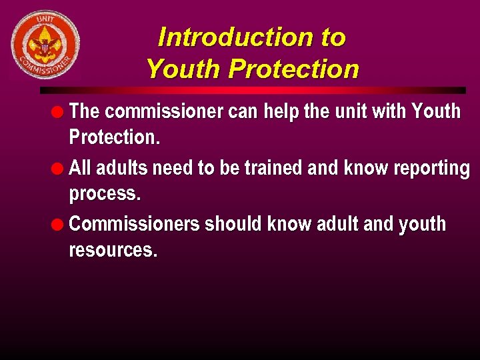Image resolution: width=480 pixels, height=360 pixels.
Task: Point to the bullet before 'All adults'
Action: point(60,167)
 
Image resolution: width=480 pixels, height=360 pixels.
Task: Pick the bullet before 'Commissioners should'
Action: point(60,224)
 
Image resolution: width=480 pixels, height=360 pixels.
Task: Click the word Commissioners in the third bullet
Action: point(134,224)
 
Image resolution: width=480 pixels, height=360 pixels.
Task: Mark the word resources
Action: point(113,251)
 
